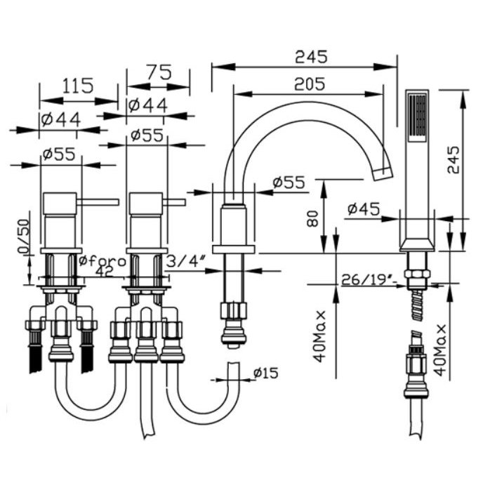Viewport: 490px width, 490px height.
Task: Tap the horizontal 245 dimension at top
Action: click(x=311, y=57)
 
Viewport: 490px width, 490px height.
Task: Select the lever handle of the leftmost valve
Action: click(x=98, y=203)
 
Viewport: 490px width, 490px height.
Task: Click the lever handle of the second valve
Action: click(x=175, y=203)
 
